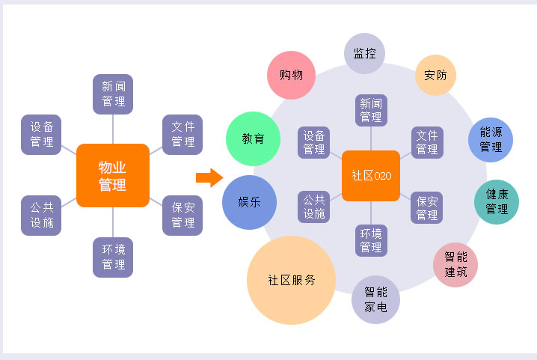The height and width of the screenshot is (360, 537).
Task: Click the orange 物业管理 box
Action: tap(113, 175)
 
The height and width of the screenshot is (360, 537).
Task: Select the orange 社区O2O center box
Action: tap(371, 176)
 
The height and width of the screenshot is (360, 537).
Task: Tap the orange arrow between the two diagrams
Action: tap(209, 177)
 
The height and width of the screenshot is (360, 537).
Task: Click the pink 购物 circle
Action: tap(292, 76)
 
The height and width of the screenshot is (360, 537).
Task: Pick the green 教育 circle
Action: tap(253, 139)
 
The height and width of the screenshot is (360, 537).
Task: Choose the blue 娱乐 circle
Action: tap(249, 202)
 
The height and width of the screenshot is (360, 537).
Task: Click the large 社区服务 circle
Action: tap(292, 281)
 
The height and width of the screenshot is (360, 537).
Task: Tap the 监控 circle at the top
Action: tap(364, 53)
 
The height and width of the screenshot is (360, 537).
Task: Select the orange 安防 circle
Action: tap(435, 75)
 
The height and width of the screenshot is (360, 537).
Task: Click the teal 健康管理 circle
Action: tap(497, 201)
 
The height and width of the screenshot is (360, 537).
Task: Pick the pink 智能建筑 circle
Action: tap(455, 264)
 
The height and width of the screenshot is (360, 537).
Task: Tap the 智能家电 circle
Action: tap(375, 299)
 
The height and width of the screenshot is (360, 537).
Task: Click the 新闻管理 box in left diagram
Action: tap(113, 94)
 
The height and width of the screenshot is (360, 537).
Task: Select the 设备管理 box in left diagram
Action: tap(41, 135)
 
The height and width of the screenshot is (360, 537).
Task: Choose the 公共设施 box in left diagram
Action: tap(41, 216)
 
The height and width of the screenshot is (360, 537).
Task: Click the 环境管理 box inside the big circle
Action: tap(371, 240)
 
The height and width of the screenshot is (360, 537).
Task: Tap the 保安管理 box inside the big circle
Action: tap(427, 207)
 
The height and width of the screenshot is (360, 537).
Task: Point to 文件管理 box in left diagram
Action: tap(182, 135)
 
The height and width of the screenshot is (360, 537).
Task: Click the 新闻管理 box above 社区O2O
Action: tap(371, 109)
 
